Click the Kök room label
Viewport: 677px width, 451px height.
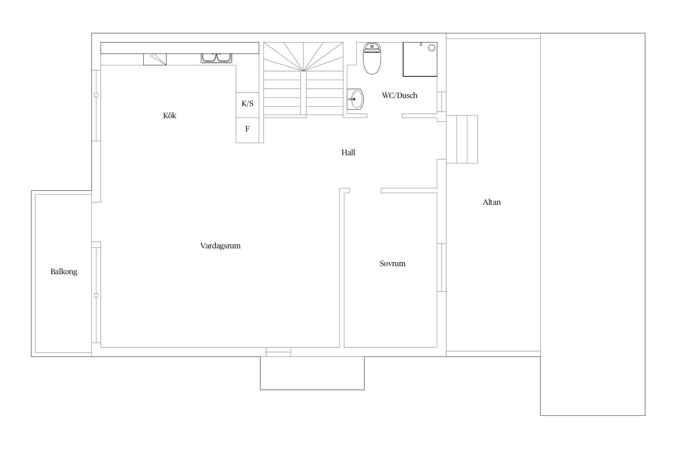point(169,115)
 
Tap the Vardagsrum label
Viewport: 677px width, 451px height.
point(220,246)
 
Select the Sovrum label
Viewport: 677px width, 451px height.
point(392,263)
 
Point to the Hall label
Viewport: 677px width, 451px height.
point(348,152)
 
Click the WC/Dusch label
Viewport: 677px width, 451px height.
point(400,95)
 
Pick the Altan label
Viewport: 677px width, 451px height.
point(492,202)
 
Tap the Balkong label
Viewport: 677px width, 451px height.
point(64,272)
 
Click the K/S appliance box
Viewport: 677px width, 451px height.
point(247,105)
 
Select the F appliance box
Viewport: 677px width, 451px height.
point(247,130)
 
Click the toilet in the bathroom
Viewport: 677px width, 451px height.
point(372,58)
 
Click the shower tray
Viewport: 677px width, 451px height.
point(420,60)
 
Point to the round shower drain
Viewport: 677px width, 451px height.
point(431,48)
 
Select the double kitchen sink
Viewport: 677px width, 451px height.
point(216,58)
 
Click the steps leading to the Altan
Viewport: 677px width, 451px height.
point(462,139)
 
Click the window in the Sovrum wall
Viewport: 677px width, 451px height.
point(442,268)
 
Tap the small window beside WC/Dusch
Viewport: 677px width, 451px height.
point(442,102)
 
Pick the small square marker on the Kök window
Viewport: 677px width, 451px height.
point(96,95)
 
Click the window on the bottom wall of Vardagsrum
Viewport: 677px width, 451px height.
point(278,352)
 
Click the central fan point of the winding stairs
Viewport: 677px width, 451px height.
point(303,71)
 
